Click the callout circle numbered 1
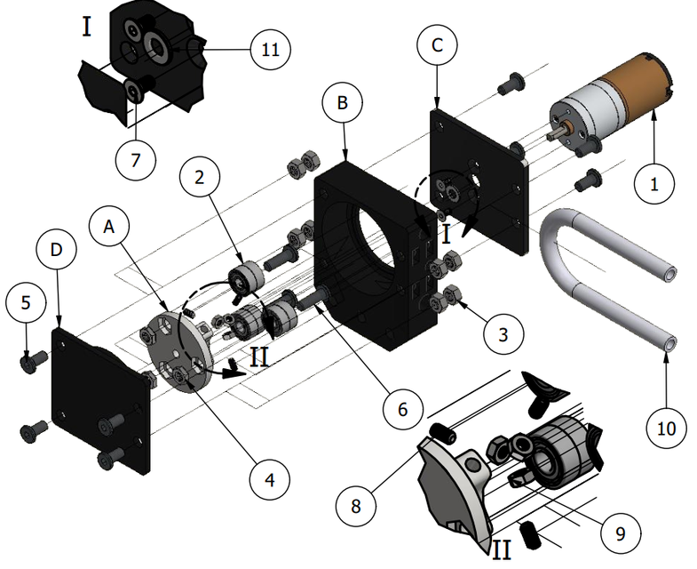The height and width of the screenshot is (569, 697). click(654, 185)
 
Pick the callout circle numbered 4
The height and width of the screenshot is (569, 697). click(269, 479)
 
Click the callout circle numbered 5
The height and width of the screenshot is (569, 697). click(26, 302)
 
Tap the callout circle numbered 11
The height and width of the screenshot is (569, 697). click(270, 50)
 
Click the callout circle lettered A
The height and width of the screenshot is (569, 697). click(109, 227)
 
